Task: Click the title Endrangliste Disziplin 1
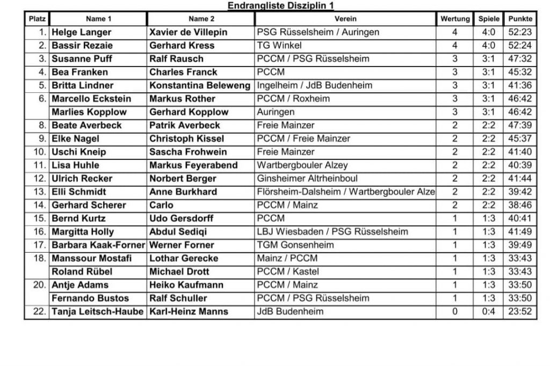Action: click(280, 5)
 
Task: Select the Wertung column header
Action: click(455, 19)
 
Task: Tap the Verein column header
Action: click(345, 19)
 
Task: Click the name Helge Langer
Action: click(82, 32)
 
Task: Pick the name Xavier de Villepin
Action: click(188, 32)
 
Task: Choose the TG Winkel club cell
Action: click(279, 46)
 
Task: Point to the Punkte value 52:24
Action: click(520, 46)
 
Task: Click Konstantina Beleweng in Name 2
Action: click(200, 85)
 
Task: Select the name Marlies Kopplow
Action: click(89, 112)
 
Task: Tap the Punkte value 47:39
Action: click(520, 125)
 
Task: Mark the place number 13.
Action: click(40, 192)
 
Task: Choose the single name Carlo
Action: click(161, 205)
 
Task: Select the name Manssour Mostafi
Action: click(91, 258)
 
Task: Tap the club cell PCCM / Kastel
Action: click(287, 272)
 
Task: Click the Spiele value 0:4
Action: click(488, 311)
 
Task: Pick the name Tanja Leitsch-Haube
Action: click(98, 311)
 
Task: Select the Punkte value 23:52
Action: click(520, 311)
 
